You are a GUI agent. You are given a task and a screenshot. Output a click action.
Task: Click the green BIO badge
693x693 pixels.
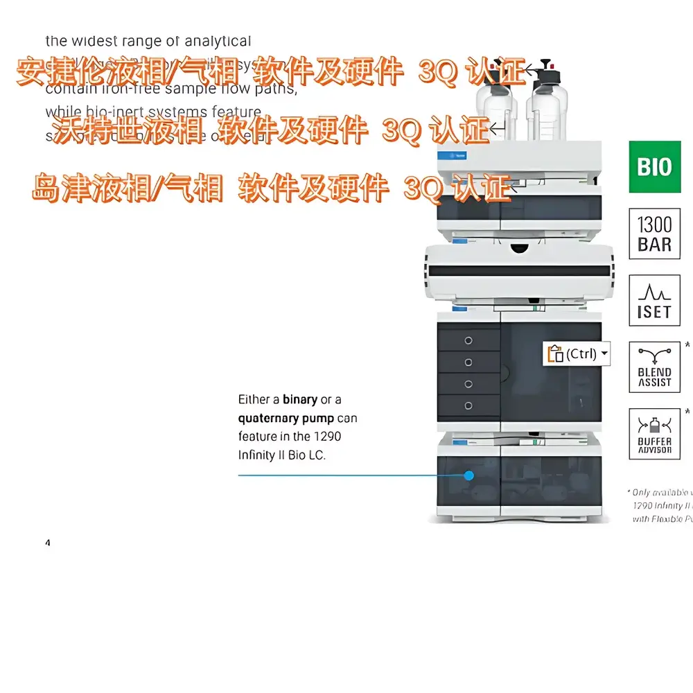point(654,167)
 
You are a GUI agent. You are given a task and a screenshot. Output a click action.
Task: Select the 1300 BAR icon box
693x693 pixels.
point(654,234)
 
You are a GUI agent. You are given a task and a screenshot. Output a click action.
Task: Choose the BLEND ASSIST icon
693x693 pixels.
point(654,367)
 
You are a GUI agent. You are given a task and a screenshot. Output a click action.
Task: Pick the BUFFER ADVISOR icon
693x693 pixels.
point(654,434)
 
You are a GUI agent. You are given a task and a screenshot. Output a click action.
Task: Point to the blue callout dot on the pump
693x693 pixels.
point(469,475)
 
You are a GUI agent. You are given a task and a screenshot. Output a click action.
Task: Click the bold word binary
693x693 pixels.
point(300,400)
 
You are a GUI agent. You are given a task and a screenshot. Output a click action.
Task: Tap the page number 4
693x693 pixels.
point(48,543)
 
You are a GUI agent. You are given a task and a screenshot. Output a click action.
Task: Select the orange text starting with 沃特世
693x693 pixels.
point(270,130)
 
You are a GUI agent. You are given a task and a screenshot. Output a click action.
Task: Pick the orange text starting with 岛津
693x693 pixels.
point(270,188)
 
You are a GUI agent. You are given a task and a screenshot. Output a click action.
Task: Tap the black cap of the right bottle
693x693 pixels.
point(552,73)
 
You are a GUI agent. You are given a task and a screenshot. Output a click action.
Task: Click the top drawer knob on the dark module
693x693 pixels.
point(468,340)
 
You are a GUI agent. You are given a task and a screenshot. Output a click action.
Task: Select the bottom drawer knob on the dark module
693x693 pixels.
point(468,405)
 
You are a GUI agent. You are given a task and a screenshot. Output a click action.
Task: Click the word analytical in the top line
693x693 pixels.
point(217,42)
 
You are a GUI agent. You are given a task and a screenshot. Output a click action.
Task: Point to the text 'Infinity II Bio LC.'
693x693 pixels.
point(281,455)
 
